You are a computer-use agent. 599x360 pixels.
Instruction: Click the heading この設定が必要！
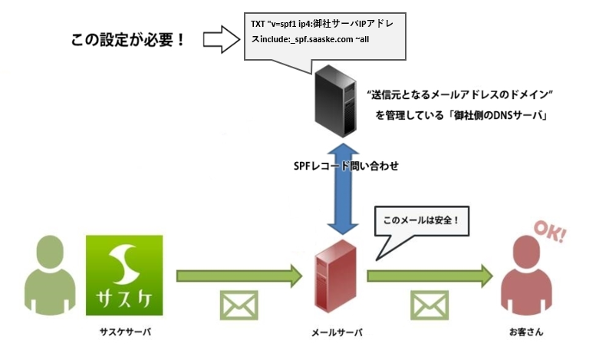pyautogui.click(x=129, y=39)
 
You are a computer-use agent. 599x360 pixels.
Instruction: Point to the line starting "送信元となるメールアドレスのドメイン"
pyautogui.click(x=460, y=94)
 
